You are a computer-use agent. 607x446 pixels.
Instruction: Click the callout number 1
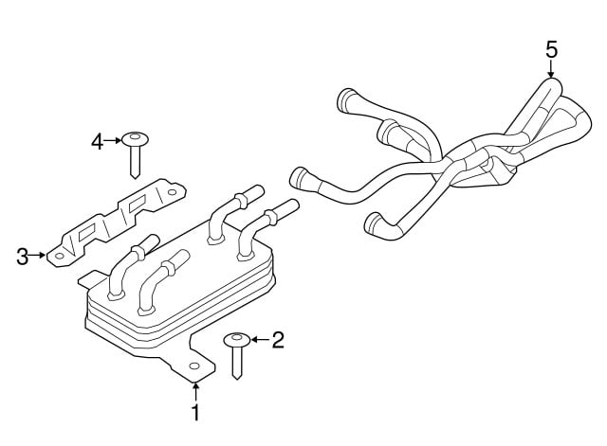pyautogui.click(x=196, y=413)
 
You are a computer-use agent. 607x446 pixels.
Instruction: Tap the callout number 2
pyautogui.click(x=278, y=340)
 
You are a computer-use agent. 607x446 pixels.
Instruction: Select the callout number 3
pyautogui.click(x=23, y=257)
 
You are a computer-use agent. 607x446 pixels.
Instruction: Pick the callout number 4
pyautogui.click(x=98, y=142)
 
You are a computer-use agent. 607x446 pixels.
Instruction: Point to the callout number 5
pyautogui.click(x=552, y=50)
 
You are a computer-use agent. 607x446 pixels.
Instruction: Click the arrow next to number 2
pyautogui.click(x=260, y=340)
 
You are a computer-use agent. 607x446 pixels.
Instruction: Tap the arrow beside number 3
pyautogui.click(x=38, y=255)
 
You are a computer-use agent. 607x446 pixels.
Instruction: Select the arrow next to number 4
pyautogui.click(x=113, y=141)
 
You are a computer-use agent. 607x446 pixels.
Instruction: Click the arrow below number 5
pyautogui.click(x=551, y=69)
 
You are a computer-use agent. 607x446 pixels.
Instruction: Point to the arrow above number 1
pyautogui.click(x=196, y=391)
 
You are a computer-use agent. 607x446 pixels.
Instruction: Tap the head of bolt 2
pyautogui.click(x=237, y=340)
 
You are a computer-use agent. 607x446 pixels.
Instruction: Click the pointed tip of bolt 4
pyautogui.click(x=135, y=178)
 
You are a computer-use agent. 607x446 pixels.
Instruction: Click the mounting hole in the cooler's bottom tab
pyautogui.click(x=194, y=366)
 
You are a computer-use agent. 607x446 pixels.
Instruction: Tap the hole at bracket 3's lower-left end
pyautogui.click(x=59, y=256)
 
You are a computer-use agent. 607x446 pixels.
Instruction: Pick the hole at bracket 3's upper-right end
pyautogui.click(x=172, y=192)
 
